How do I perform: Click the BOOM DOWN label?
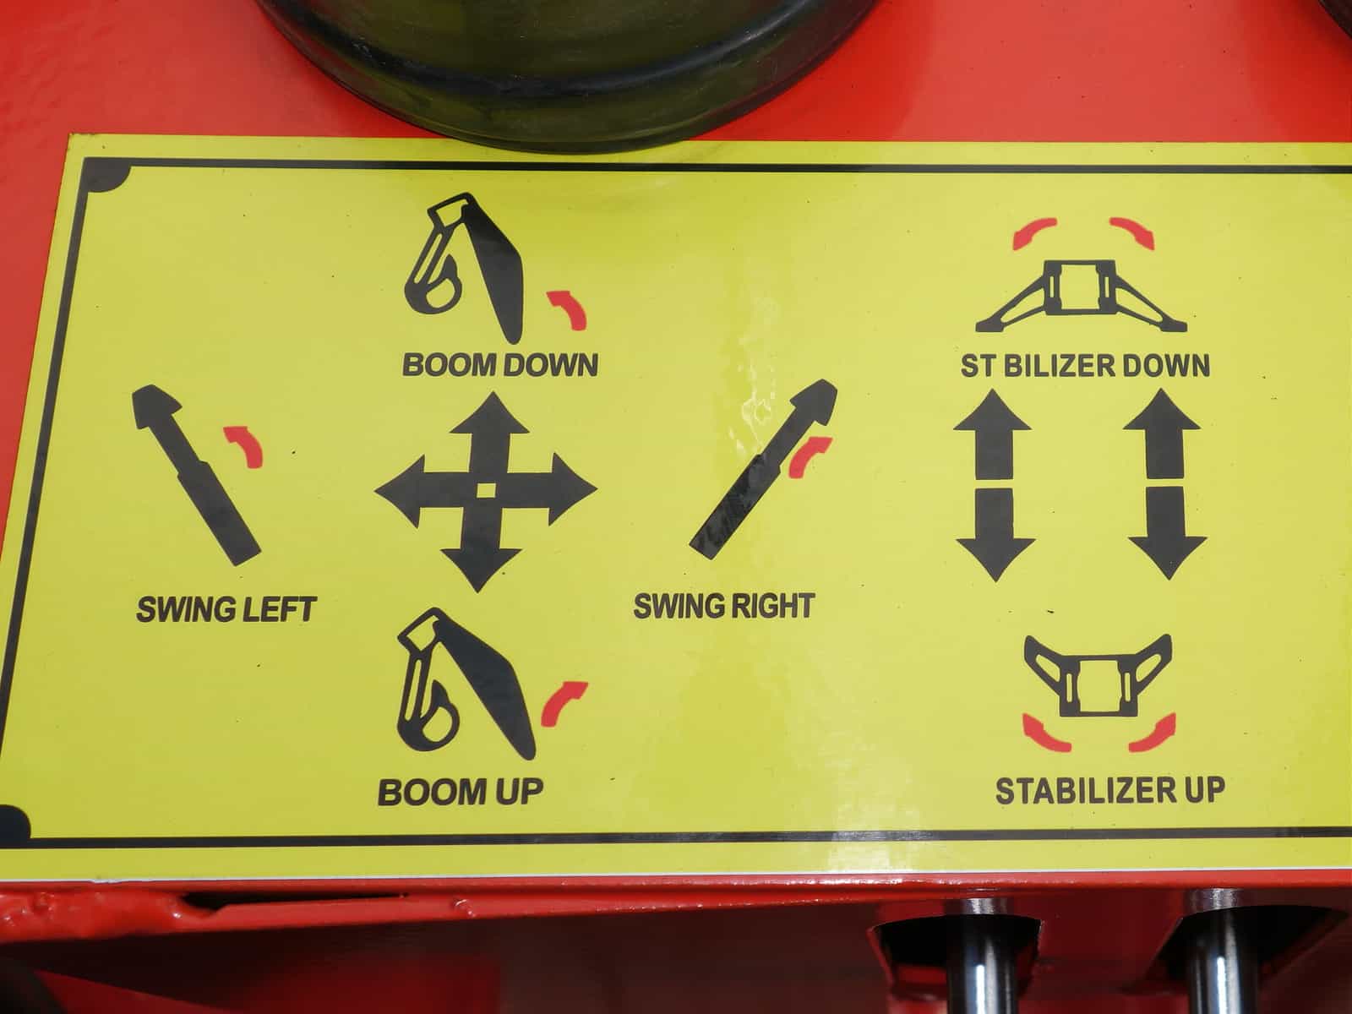(500, 364)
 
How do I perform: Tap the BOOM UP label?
(461, 792)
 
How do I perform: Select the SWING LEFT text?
(226, 609)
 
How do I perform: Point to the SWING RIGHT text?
(724, 606)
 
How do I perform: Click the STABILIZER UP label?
(1110, 791)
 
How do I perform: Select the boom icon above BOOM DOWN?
(465, 268)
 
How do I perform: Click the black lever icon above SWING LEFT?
(196, 475)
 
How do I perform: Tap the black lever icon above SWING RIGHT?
(762, 469)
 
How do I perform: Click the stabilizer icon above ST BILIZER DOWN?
(1081, 296)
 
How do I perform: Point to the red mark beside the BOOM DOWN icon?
(567, 309)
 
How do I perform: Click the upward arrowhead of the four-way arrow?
(491, 414)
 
